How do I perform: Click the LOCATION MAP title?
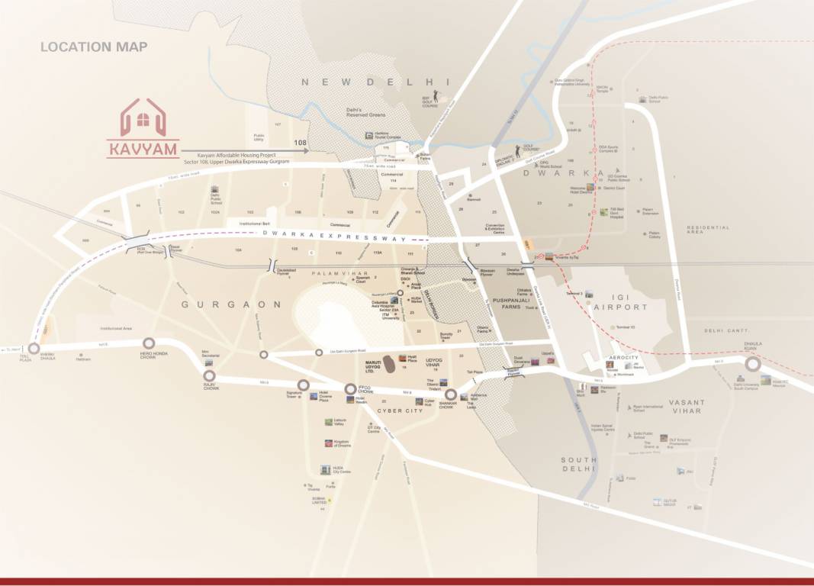pyautogui.click(x=94, y=47)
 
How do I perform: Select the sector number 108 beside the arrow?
pyautogui.click(x=300, y=143)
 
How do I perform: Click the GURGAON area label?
pyautogui.click(x=230, y=304)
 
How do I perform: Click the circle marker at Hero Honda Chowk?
pyautogui.click(x=149, y=343)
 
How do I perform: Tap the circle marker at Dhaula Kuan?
pyautogui.click(x=752, y=364)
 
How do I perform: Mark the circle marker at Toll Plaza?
pyautogui.click(x=34, y=349)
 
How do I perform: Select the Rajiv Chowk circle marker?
pyautogui.click(x=209, y=375)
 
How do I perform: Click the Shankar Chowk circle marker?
pyautogui.click(x=451, y=395)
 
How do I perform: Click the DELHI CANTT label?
pyautogui.click(x=724, y=330)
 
